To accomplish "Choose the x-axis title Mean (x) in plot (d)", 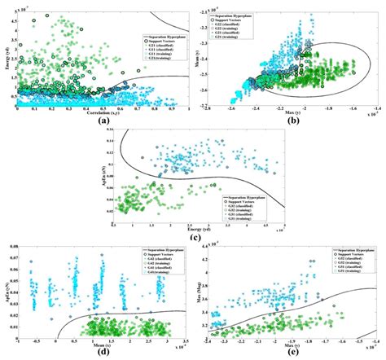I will click(101, 344).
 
